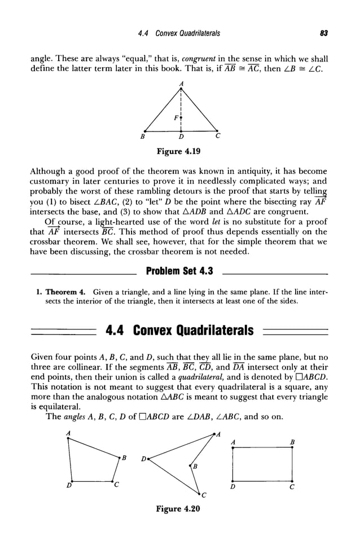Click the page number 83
(x=324, y=34)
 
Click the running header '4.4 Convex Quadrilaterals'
(x=179, y=34)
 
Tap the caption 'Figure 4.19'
(x=179, y=151)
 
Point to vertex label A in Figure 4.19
(x=181, y=83)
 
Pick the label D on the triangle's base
(x=181, y=137)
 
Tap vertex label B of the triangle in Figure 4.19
(x=143, y=137)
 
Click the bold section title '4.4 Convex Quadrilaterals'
(x=179, y=329)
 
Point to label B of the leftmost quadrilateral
(x=124, y=456)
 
